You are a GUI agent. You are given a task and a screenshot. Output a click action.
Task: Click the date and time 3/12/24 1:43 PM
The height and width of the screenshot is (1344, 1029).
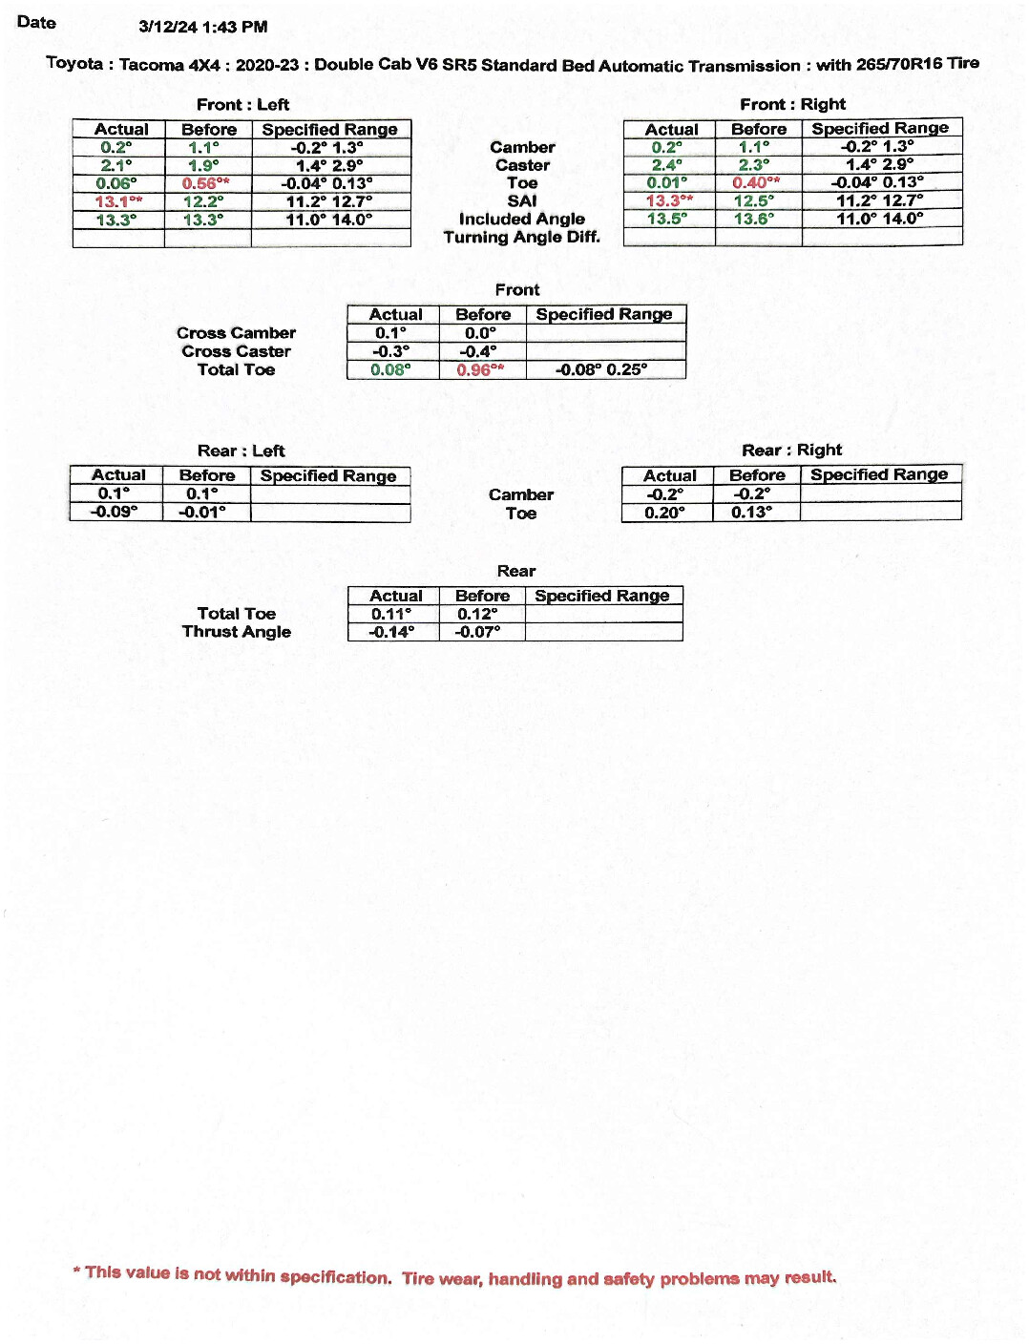click(x=202, y=27)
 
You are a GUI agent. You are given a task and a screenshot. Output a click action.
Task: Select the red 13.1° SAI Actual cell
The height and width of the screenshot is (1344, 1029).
click(x=118, y=201)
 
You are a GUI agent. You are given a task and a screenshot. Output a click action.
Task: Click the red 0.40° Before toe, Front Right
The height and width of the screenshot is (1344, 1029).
click(x=756, y=182)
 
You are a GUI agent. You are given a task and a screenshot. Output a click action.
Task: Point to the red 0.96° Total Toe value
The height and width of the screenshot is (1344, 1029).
click(x=480, y=369)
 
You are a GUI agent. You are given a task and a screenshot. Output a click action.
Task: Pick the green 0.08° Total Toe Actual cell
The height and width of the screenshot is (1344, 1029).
click(x=390, y=369)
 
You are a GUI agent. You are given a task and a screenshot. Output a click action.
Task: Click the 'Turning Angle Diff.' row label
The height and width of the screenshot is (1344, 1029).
click(x=521, y=237)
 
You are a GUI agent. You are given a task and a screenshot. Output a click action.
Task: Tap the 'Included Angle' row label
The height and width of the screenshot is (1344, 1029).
click(x=521, y=219)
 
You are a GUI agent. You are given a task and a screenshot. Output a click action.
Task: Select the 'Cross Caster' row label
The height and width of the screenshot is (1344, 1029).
click(x=236, y=351)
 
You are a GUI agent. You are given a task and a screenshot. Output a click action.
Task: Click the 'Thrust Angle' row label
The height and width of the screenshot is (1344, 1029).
click(x=236, y=632)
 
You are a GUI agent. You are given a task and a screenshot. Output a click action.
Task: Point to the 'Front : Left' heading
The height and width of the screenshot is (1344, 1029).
click(x=242, y=105)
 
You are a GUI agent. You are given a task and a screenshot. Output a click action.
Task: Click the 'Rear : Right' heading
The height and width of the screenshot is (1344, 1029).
click(x=791, y=451)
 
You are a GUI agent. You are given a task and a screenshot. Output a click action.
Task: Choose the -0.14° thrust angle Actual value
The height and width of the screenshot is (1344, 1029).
click(x=391, y=632)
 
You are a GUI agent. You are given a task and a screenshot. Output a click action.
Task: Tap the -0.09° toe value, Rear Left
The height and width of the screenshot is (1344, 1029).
click(x=114, y=512)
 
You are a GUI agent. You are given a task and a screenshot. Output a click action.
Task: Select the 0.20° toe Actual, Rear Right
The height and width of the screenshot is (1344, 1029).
click(x=664, y=513)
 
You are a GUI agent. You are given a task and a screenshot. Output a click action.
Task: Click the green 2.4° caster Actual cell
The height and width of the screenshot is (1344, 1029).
click(x=666, y=165)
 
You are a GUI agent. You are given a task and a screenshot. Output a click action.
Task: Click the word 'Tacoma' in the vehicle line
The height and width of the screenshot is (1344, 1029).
click(x=151, y=65)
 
